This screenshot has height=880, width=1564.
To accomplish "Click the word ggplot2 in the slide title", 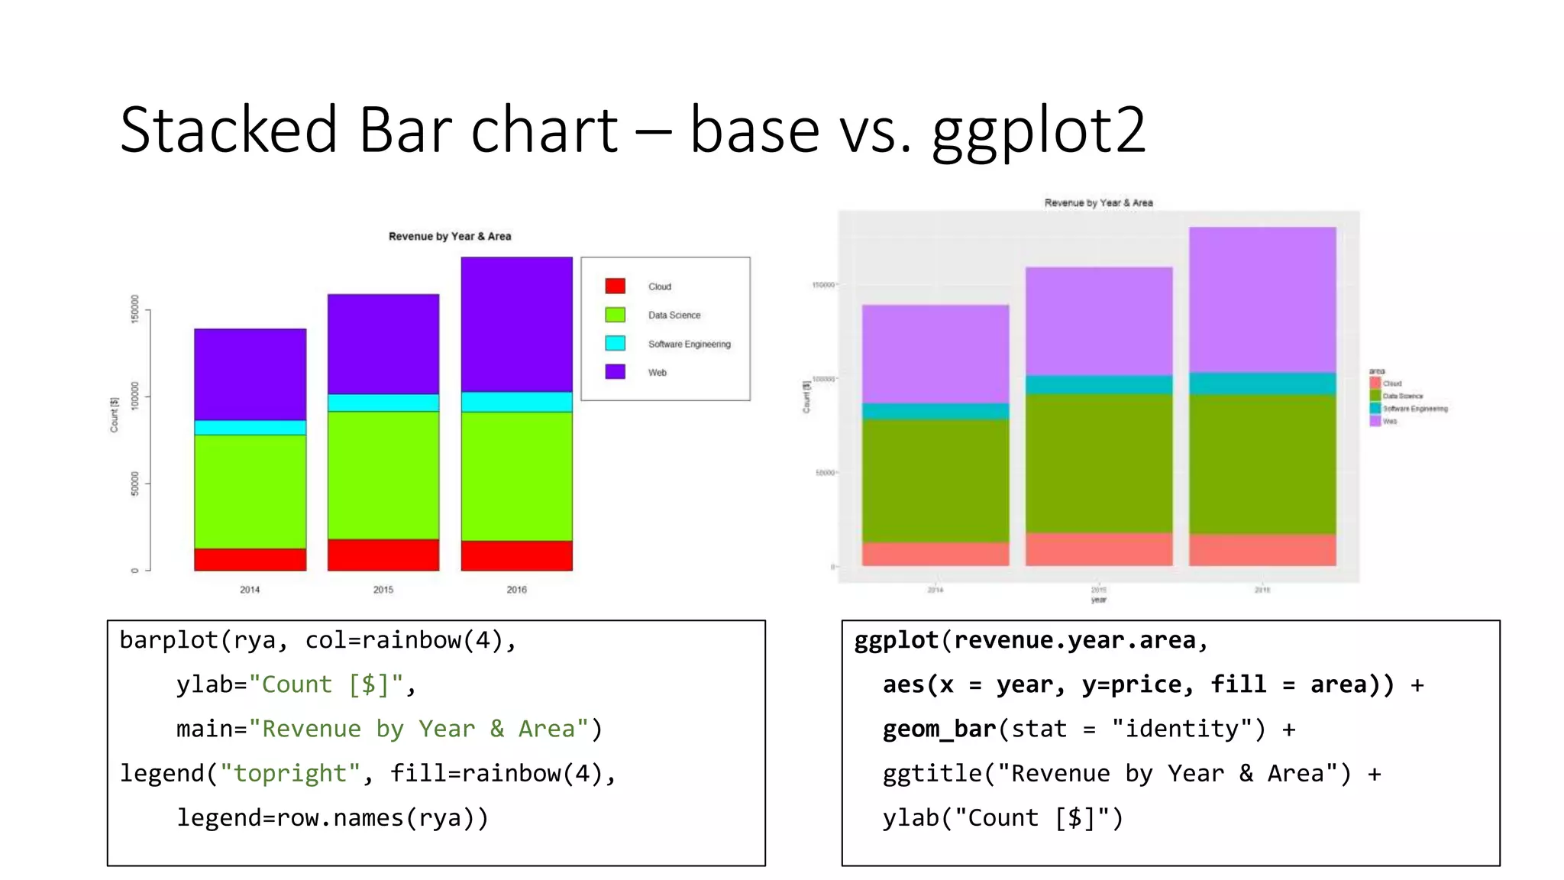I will [1039, 131].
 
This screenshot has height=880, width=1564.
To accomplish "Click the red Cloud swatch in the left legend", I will [615, 286].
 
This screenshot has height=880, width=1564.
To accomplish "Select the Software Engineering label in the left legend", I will [689, 344].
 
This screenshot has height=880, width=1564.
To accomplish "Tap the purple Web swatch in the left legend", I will [615, 372].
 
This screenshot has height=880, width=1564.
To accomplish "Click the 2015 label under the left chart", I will [383, 590].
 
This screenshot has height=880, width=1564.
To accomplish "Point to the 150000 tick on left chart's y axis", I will [135, 309].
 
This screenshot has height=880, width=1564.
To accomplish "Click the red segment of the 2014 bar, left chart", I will [250, 559].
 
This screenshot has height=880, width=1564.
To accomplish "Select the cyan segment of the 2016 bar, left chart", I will [516, 402].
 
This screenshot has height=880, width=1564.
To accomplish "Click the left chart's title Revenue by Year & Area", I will [450, 236].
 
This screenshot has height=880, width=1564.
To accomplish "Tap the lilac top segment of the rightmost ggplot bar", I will [1262, 298].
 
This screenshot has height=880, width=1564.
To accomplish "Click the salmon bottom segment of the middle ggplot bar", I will [1098, 549].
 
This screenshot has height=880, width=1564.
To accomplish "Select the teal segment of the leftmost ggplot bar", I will [935, 411].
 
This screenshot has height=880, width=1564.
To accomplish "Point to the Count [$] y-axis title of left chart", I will [115, 415].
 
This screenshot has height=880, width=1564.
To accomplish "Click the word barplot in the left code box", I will [168, 640].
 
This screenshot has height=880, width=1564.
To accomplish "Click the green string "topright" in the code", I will [290, 774].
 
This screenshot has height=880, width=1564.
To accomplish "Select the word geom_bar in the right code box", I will [939, 730].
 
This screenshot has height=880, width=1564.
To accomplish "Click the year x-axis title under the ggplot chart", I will [1098, 600].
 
